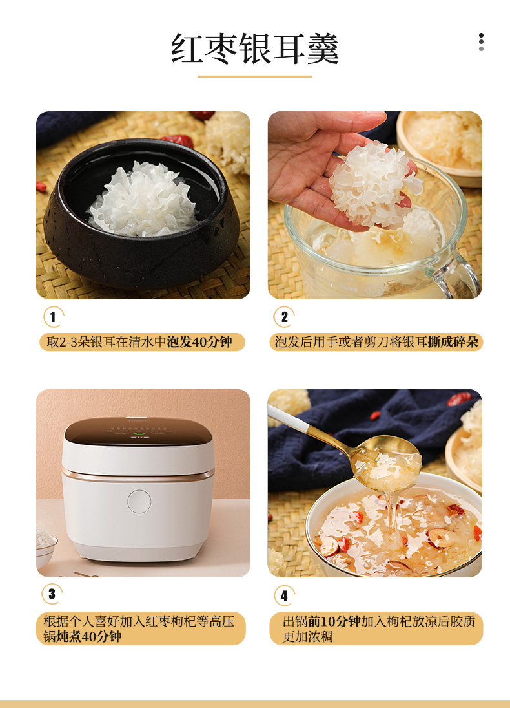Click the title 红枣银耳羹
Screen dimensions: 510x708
click(x=255, y=48)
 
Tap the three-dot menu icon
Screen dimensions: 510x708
click(x=481, y=42)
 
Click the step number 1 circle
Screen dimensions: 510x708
click(x=53, y=317)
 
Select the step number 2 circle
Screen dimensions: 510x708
click(x=284, y=317)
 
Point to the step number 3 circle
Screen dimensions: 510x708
click(x=52, y=594)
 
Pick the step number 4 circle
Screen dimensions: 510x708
click(x=284, y=595)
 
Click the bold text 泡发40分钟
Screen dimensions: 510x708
click(x=199, y=342)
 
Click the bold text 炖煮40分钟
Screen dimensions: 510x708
click(x=89, y=637)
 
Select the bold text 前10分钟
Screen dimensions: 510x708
click(x=334, y=621)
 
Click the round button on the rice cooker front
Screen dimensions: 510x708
click(x=139, y=502)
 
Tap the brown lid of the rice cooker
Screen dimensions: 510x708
click(x=138, y=431)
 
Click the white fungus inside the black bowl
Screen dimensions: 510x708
click(x=143, y=200)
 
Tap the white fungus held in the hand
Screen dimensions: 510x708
click(x=374, y=184)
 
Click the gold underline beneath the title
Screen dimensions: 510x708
click(x=255, y=76)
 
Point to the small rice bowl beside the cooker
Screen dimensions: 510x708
click(x=46, y=547)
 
